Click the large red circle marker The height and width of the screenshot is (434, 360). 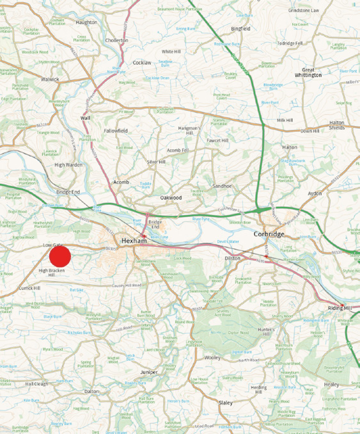coord(59,256)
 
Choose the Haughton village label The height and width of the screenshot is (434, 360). coord(86,22)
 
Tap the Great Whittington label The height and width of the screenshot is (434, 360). coord(311,72)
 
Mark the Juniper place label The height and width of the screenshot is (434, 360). coord(148,372)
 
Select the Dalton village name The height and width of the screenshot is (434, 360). coord(91,391)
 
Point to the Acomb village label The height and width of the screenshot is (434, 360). coord(121,182)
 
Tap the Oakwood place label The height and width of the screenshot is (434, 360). coord(171,198)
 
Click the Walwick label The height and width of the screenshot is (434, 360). coord(49,79)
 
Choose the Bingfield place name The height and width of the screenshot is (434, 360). coord(240,29)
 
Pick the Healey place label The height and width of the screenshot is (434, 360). coord(331,385)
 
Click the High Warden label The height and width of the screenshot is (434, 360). coord(68,165)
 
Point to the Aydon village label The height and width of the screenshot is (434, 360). coord(314,193)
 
